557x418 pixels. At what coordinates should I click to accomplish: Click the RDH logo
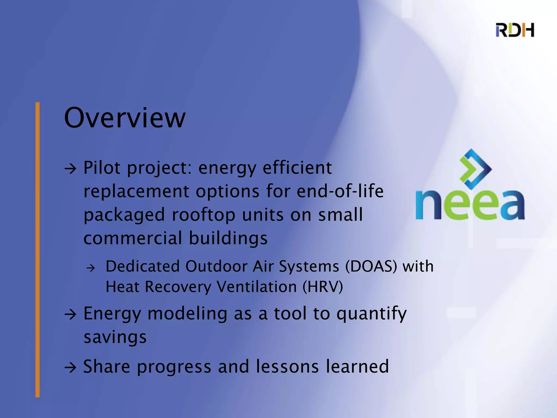(515, 30)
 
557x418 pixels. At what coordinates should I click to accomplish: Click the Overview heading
(125, 118)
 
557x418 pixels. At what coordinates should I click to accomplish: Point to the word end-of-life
(340, 191)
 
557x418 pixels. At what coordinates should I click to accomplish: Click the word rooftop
(203, 215)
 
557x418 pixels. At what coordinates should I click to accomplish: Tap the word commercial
(132, 238)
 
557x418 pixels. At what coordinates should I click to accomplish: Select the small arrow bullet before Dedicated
(91, 268)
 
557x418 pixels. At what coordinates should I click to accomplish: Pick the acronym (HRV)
(323, 287)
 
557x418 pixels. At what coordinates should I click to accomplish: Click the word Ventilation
(257, 287)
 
